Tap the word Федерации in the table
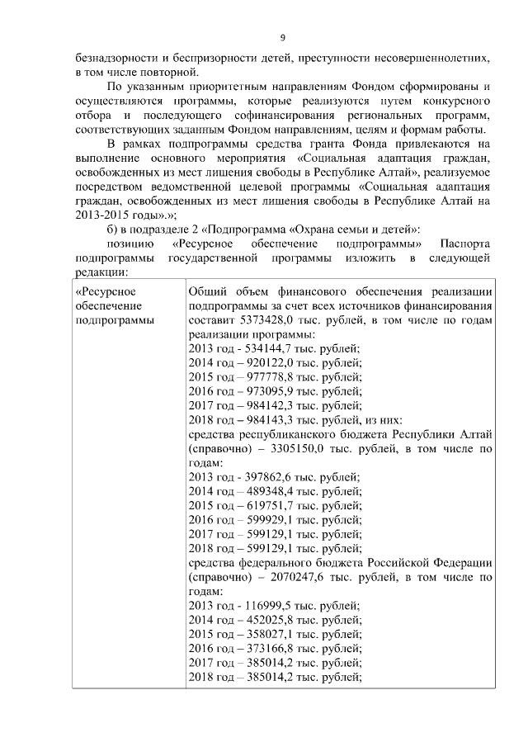coord(458,563)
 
